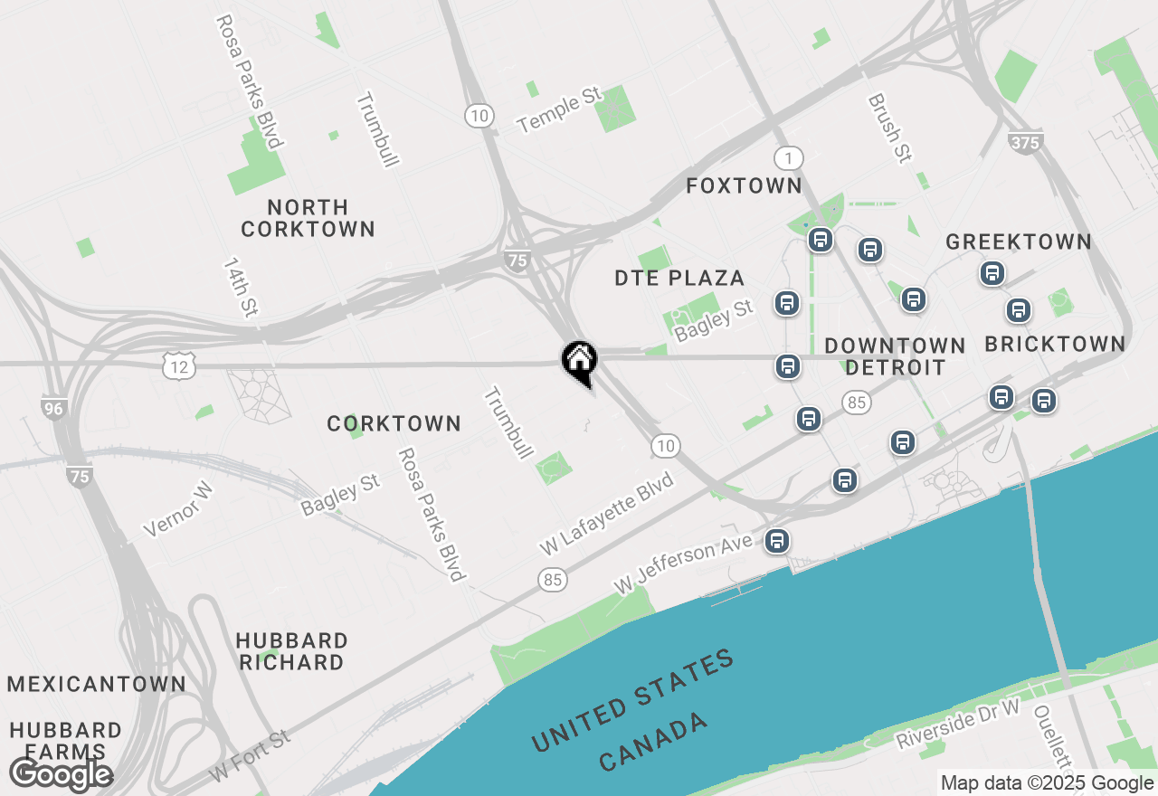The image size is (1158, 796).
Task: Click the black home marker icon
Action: tap(579, 361)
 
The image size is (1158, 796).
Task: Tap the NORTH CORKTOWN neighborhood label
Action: tap(308, 218)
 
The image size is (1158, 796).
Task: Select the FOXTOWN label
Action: tap(744, 186)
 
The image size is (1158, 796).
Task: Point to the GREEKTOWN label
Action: tap(1018, 242)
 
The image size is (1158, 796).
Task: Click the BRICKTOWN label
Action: tap(1055, 345)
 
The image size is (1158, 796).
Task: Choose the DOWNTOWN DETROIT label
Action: tap(895, 356)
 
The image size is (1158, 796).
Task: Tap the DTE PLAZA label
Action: tap(679, 279)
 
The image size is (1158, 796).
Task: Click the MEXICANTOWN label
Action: tap(97, 684)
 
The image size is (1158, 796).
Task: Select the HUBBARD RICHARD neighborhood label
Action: tap(291, 651)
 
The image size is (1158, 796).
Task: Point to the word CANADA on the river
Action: tap(654, 741)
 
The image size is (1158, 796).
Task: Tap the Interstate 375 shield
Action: tap(1025, 142)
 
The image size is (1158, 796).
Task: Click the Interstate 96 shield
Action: tap(54, 408)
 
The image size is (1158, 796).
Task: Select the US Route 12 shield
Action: tap(178, 366)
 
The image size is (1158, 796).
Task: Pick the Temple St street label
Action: tap(560, 110)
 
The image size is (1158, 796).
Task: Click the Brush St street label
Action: tap(888, 128)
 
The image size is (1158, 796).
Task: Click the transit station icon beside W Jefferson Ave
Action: tap(776, 541)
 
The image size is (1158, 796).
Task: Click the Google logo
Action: tap(61, 774)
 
